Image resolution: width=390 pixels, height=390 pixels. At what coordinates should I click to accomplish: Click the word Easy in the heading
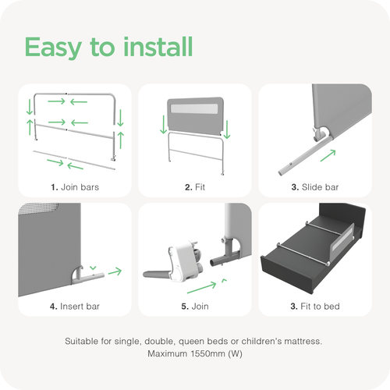click(53, 48)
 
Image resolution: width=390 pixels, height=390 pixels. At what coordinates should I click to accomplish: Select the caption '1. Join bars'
click(75, 187)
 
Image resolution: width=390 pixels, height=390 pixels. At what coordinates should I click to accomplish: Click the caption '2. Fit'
click(195, 187)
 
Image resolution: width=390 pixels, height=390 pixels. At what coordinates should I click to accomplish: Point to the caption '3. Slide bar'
click(315, 187)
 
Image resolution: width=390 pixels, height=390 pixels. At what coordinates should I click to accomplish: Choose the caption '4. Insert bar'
click(75, 307)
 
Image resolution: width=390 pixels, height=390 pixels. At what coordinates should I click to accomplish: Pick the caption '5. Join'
click(195, 307)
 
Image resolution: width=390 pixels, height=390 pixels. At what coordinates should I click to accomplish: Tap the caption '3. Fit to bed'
click(315, 307)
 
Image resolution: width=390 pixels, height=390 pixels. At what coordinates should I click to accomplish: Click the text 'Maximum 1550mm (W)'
click(195, 353)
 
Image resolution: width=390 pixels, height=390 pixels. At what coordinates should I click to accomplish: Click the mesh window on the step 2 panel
click(194, 108)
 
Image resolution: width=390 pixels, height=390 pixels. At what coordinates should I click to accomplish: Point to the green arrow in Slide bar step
click(328, 155)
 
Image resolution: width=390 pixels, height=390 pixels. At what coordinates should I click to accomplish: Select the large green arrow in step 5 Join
click(202, 288)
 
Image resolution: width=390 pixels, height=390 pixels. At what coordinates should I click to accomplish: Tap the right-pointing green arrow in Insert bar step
click(115, 271)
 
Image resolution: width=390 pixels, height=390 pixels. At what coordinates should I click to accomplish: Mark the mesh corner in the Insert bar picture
click(39, 208)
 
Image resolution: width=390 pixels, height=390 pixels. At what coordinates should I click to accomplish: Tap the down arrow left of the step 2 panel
click(163, 125)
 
